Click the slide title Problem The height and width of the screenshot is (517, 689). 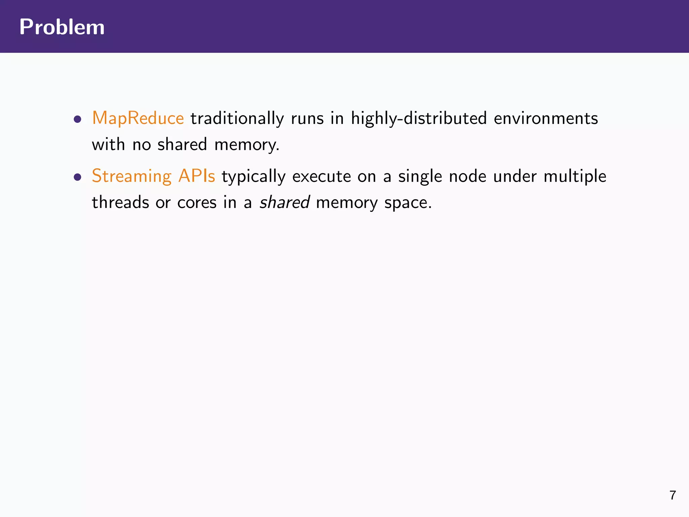coord(62,27)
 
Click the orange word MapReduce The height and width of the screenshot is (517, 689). coord(138,118)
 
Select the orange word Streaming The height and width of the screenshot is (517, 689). coord(132,176)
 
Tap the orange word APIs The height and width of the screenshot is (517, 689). coord(196,176)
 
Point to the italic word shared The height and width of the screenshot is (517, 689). coord(285,203)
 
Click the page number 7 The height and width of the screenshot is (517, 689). coord(673,495)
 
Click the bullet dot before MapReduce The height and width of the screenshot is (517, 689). coord(78,119)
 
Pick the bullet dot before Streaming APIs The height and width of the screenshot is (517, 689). coord(78,177)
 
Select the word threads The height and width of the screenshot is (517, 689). coord(120,203)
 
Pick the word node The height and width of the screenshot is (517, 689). coord(468,176)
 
